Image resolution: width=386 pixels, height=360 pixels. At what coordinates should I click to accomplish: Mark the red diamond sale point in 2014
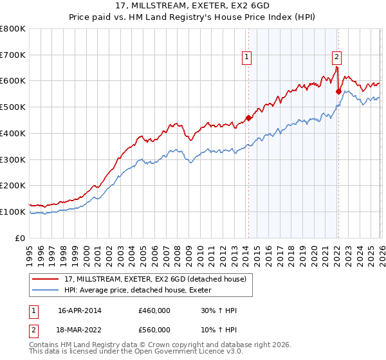[x=248, y=118]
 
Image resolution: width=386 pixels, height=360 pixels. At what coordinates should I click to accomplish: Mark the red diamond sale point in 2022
[x=338, y=91]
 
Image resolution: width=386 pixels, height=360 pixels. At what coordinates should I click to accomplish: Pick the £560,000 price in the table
[x=154, y=329]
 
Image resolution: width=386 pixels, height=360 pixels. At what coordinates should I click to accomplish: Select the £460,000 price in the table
[x=154, y=310]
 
